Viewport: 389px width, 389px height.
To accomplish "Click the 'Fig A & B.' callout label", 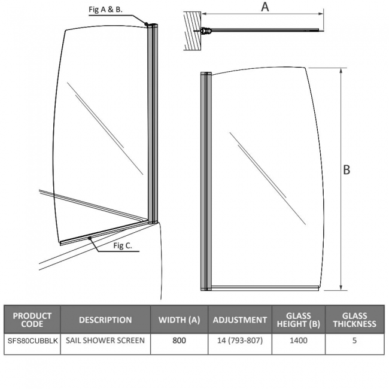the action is click(105, 10).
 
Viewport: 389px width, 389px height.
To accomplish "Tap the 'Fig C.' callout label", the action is click(123, 245).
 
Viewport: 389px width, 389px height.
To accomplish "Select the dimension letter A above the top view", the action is click(265, 7).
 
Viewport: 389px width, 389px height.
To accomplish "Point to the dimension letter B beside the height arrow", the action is click(347, 170).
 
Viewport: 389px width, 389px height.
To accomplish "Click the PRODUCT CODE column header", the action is click(32, 320).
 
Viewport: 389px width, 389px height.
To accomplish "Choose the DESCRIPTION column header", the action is click(105, 320).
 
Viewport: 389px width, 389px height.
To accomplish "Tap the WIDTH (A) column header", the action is click(179, 320).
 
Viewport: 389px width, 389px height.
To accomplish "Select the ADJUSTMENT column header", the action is click(240, 320).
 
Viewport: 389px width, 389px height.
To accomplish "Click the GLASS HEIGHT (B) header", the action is click(299, 320).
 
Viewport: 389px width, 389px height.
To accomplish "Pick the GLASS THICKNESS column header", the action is click(354, 320).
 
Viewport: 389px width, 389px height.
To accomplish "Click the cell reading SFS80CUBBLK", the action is click(32, 341).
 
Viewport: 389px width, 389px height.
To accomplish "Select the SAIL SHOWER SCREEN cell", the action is click(105, 341).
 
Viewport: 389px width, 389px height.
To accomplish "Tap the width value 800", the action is click(179, 341).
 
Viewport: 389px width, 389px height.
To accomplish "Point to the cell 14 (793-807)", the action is click(240, 341).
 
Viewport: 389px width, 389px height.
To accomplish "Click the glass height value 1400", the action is click(299, 341).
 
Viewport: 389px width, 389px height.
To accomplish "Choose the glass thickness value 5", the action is click(354, 341).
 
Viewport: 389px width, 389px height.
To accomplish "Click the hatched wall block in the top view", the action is click(193, 31).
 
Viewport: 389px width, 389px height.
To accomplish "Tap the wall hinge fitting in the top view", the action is click(205, 31).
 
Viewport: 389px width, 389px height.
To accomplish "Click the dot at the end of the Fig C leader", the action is click(90, 238).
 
